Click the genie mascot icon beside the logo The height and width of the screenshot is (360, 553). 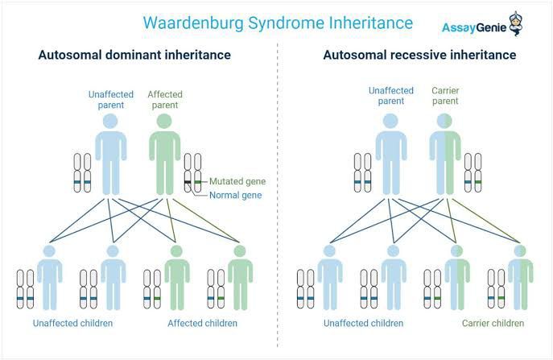click(x=515, y=23)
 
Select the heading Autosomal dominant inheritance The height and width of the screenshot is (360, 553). click(x=134, y=56)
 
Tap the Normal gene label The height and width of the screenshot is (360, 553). click(x=235, y=196)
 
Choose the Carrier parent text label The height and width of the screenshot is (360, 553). click(x=446, y=96)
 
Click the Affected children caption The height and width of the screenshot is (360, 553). click(x=202, y=324)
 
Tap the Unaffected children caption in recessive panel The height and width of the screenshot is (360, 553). click(x=362, y=324)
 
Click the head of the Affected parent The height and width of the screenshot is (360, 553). click(x=163, y=122)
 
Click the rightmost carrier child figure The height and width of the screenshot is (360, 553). click(x=520, y=278)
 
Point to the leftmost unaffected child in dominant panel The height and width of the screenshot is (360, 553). click(x=50, y=278)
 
